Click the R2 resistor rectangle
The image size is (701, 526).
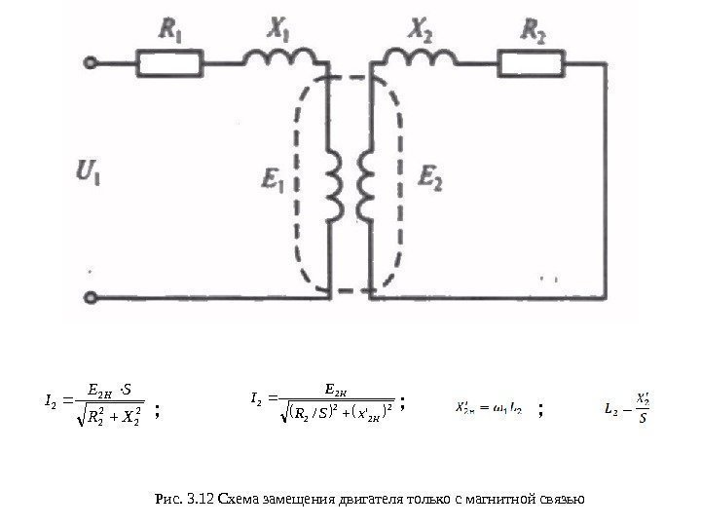point(531,63)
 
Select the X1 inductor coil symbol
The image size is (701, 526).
point(274,59)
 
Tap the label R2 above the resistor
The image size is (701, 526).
point(533,34)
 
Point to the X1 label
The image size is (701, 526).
point(277,32)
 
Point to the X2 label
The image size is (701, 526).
point(422,32)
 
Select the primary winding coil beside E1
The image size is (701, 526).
point(331,185)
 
